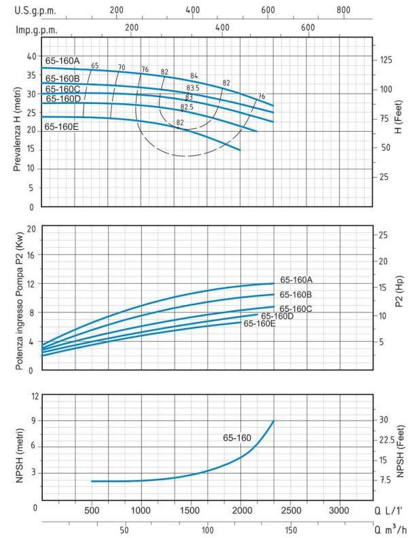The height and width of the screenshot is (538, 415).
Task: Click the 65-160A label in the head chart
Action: (62, 60)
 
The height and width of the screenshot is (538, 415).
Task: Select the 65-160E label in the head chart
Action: (62, 126)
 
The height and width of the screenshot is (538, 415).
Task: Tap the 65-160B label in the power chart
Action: (295, 295)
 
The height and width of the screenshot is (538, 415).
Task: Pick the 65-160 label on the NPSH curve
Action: (237, 438)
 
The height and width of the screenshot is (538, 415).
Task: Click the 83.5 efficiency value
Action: (192, 89)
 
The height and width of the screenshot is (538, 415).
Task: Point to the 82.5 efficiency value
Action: (187, 107)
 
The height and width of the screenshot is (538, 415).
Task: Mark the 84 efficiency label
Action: (194, 75)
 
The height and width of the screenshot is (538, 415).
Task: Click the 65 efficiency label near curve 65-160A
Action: (95, 66)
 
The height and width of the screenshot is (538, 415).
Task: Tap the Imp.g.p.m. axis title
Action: (36, 30)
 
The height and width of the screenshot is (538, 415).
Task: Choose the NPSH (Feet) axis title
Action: (401, 448)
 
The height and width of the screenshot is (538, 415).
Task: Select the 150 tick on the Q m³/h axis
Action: (290, 530)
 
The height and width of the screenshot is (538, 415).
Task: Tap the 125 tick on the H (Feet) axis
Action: (386, 60)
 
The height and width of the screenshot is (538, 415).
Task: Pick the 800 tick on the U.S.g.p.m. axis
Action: (344, 11)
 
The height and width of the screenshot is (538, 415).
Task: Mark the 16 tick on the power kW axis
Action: (31, 256)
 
